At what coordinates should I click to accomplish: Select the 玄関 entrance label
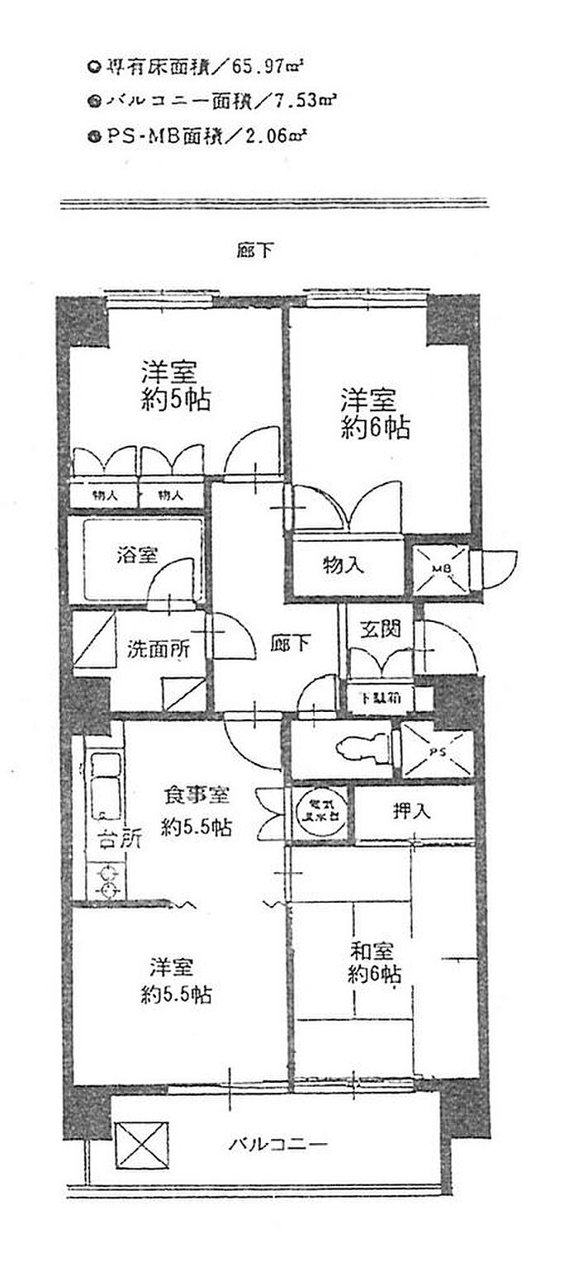tap(380, 629)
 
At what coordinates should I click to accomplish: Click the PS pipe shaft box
tap(438, 751)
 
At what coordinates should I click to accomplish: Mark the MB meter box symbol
tap(442, 569)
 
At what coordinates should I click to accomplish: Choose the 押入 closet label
tap(410, 810)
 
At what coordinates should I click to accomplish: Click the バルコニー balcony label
tap(278, 1145)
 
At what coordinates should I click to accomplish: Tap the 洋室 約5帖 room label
tap(174, 386)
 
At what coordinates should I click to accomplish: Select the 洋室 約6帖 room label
tap(376, 415)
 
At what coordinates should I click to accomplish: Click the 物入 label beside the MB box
tap(342, 567)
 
